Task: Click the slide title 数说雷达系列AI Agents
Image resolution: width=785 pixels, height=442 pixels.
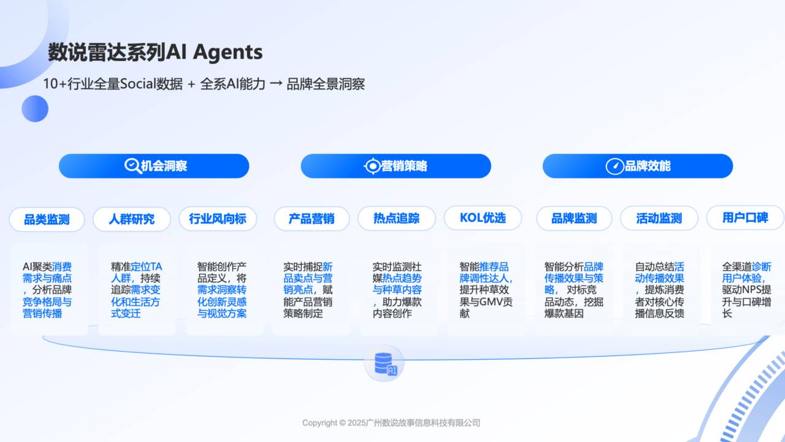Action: click(x=155, y=52)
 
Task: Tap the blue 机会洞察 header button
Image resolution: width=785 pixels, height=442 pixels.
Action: click(x=154, y=166)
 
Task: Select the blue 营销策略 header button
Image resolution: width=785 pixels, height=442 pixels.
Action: click(x=396, y=166)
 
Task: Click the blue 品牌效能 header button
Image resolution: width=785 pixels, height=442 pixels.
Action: click(x=638, y=166)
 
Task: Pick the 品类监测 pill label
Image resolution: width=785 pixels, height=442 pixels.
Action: click(x=47, y=220)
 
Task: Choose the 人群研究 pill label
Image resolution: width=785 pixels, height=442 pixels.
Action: click(x=132, y=219)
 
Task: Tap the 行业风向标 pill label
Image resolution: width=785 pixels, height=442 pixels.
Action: click(x=218, y=219)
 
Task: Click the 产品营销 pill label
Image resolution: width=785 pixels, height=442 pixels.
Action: click(x=312, y=219)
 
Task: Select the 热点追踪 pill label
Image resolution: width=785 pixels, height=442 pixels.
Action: click(x=396, y=218)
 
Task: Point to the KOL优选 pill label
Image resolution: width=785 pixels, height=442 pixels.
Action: click(x=483, y=218)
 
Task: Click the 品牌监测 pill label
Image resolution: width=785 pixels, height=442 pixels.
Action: click(x=574, y=218)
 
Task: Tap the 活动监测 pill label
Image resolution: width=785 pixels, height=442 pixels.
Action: click(x=659, y=218)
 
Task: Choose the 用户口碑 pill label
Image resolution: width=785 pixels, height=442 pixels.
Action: click(x=745, y=217)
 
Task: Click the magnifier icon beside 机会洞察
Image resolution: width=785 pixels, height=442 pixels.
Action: click(x=133, y=166)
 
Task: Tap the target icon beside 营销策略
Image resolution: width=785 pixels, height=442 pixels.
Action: click(x=372, y=166)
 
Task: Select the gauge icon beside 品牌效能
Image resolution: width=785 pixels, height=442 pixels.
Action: click(x=615, y=166)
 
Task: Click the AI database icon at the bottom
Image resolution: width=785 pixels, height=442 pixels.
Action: click(x=385, y=363)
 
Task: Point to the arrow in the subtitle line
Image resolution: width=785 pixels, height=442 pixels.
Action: click(x=276, y=84)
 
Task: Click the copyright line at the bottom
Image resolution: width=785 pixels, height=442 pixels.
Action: click(x=391, y=423)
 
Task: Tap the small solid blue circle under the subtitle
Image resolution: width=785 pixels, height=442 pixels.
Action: click(x=35, y=109)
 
